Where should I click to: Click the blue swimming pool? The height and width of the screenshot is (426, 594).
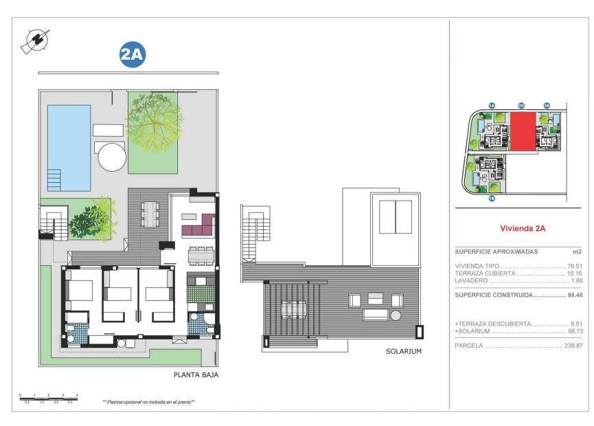click(x=69, y=148)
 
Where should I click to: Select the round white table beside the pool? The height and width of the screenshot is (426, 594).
click(x=112, y=157)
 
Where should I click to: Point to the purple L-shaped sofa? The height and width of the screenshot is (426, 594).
click(x=198, y=224)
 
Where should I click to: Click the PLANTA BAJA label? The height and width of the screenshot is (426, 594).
click(x=196, y=375)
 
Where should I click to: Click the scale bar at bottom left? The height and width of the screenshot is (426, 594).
click(x=49, y=396)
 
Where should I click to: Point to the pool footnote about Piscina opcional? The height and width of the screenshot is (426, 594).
click(x=148, y=402)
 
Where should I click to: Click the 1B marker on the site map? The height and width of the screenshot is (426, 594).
click(x=492, y=199)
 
